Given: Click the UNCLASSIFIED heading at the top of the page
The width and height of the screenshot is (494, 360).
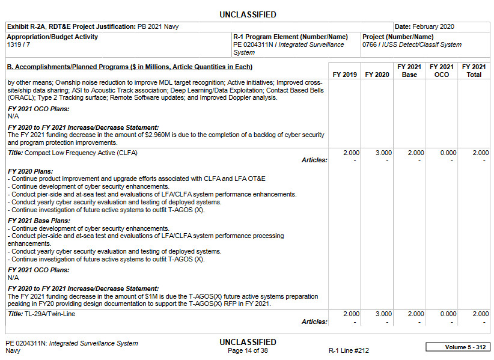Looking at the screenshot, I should point(248,14).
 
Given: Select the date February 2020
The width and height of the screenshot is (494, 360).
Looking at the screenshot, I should point(433,26).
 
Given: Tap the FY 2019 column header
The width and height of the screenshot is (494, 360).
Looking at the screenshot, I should point(345,75).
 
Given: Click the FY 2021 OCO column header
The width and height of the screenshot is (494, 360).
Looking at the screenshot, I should point(442,70).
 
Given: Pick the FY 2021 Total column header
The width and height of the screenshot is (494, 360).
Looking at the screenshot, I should point(474,70).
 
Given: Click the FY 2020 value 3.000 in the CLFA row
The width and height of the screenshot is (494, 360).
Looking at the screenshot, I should point(383,153).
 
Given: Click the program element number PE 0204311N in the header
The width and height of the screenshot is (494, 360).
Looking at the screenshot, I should point(255,44).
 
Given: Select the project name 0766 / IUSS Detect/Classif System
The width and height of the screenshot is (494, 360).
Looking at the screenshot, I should point(412,44).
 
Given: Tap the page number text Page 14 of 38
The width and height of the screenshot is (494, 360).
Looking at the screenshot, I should point(248,350).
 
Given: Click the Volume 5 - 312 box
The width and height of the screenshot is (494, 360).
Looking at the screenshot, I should point(458,347).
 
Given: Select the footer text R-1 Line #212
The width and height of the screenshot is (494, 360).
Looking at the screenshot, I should point(349,350).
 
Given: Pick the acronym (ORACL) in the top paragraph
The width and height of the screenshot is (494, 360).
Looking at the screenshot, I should point(22,97).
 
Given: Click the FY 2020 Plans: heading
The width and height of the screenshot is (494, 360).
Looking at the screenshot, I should point(31,171).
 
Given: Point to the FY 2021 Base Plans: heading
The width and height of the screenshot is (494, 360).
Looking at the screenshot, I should point(39,221).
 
